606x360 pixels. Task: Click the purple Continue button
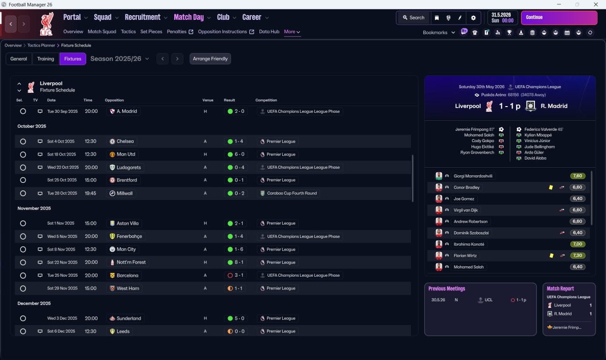point(559,18)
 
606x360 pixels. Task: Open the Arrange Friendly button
point(210,59)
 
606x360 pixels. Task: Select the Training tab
point(45,59)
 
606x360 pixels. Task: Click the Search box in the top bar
point(413,18)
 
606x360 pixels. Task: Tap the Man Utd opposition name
point(126,154)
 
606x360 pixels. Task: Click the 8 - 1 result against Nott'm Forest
point(239,262)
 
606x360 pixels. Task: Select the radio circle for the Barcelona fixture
point(23,276)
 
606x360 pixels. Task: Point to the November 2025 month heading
point(34,208)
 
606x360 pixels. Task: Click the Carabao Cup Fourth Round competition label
point(292,193)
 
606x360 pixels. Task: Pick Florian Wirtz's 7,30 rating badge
point(577,255)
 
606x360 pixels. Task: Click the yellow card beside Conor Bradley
point(551,187)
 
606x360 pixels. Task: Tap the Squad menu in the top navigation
point(103,18)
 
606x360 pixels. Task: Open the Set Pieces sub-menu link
point(151,32)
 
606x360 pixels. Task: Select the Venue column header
point(208,100)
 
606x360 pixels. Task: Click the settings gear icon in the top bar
point(473,18)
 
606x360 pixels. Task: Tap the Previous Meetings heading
point(446,288)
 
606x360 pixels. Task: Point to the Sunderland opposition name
point(129,318)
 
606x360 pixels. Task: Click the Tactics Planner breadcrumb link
point(41,45)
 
